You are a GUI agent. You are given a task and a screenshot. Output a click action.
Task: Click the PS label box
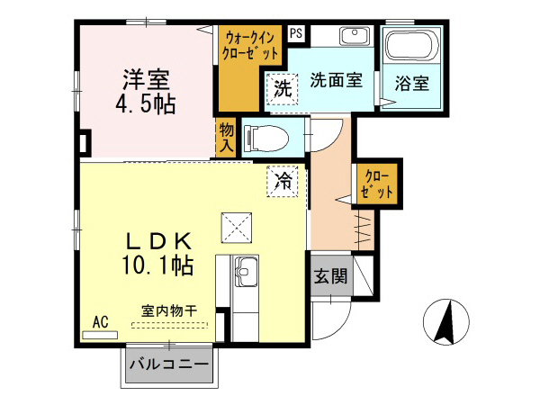coord(296,33)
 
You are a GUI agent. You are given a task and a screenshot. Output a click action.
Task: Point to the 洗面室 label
coord(336,79)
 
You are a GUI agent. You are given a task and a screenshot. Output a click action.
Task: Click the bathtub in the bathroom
coord(410,44)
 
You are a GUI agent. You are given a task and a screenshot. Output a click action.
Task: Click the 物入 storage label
coord(227,138)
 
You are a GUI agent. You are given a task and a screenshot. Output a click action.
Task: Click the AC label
coord(100,321)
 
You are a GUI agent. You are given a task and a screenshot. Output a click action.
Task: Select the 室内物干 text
coord(169,311)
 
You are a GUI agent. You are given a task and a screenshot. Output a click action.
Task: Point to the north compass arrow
coord(445,321)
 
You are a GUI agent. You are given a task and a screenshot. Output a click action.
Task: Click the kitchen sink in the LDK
coord(245,269)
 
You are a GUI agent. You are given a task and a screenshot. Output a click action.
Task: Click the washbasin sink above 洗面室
coord(354,38)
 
